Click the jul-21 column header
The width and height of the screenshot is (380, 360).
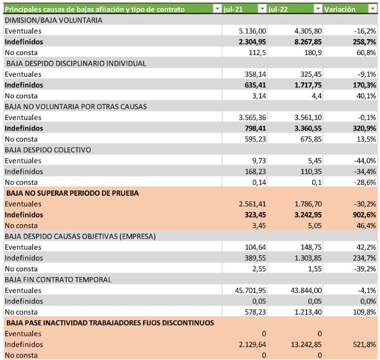(233, 9)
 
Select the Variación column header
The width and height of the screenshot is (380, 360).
(340, 9)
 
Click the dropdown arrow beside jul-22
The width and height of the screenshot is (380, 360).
(317, 9)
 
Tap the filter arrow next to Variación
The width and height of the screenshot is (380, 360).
(373, 9)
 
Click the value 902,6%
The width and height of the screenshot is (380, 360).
(364, 215)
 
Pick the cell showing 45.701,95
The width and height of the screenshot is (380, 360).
(250, 290)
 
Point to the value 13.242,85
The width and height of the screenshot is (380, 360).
(306, 344)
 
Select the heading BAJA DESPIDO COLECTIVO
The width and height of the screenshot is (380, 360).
(48, 150)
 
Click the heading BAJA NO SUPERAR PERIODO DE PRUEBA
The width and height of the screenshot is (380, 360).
(72, 193)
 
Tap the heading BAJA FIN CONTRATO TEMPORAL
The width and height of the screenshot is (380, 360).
(58, 280)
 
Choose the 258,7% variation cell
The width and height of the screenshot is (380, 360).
(364, 42)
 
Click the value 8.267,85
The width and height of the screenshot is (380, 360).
(308, 42)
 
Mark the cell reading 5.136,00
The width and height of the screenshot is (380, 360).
(252, 31)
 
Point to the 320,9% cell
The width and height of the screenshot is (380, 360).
(364, 128)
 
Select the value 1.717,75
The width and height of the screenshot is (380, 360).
(308, 85)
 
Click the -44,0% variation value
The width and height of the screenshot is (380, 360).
(365, 160)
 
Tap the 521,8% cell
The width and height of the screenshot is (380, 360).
(364, 344)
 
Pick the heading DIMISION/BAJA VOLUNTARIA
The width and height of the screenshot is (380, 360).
(54, 20)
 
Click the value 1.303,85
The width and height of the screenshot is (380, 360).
(308, 258)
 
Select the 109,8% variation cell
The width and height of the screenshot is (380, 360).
(364, 312)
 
